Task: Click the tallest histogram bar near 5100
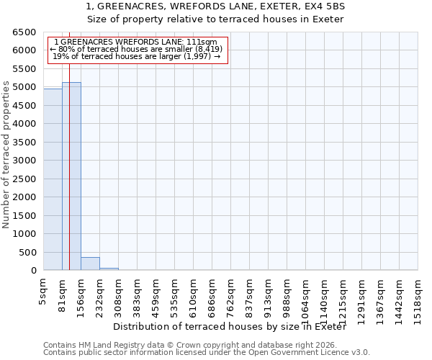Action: point(71,176)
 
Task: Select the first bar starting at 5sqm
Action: point(53,179)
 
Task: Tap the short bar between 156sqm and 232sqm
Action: point(90,264)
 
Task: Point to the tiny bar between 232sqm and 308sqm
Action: point(109,269)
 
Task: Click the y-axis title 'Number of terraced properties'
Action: point(6,155)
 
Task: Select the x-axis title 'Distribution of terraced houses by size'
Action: point(230,327)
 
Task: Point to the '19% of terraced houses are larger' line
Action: point(137,56)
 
